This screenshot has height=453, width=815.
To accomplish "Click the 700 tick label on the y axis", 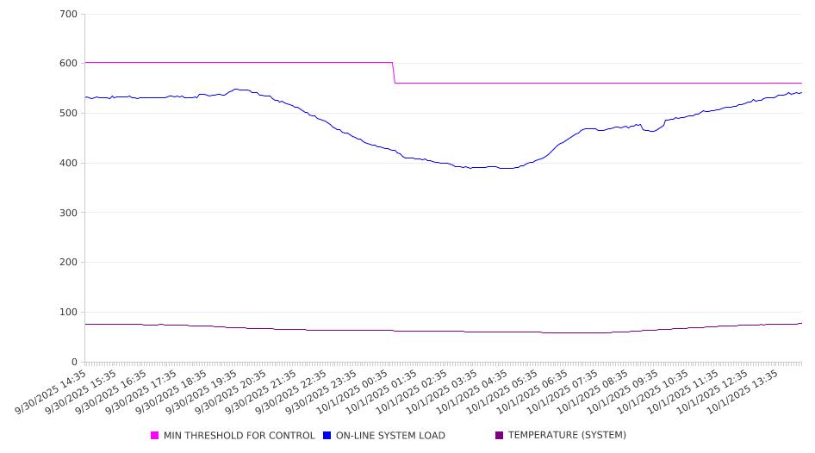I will coord(68,15).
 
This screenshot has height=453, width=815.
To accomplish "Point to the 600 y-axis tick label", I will coord(68,64).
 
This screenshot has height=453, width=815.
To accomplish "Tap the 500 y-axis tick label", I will coord(68,114).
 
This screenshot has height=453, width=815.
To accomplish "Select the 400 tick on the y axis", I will coord(68,164).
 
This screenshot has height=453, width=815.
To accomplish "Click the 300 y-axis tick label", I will coord(68,213).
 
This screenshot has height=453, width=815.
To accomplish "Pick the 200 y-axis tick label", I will coord(68,263).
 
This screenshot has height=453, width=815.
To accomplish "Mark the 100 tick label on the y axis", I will coord(68,313).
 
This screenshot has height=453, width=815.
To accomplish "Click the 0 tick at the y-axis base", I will coord(74,363).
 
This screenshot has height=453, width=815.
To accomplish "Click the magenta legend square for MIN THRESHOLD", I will coord(155,436).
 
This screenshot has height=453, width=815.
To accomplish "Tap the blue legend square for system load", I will coord(327,436).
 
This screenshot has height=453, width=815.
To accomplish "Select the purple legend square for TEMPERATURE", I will coord(500,436).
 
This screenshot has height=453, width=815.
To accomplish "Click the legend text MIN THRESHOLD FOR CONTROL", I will coord(239,436).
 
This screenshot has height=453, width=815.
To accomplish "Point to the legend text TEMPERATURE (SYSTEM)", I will coord(567,436).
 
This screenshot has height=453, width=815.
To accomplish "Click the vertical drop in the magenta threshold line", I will coord(394,73).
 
